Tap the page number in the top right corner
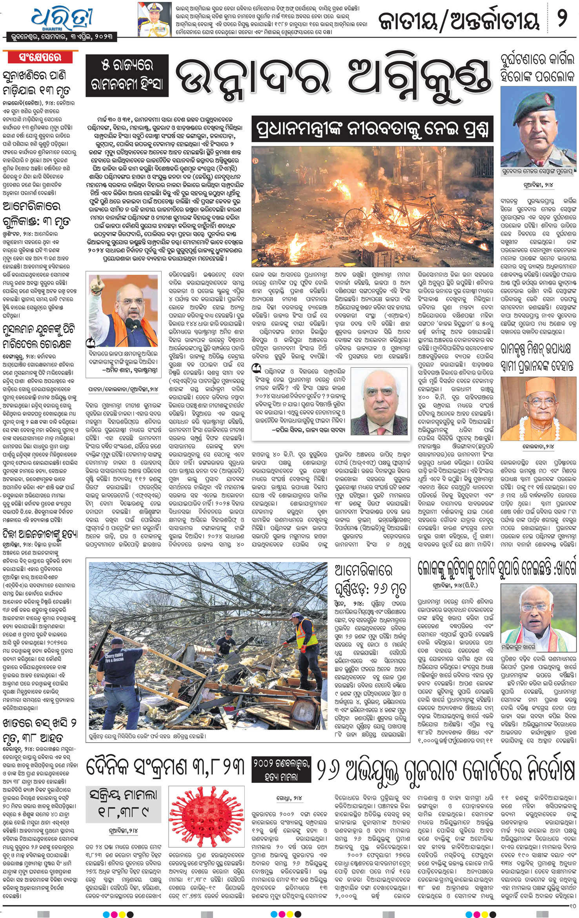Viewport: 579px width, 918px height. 562,18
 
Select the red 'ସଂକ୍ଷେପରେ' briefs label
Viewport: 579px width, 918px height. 40,57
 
